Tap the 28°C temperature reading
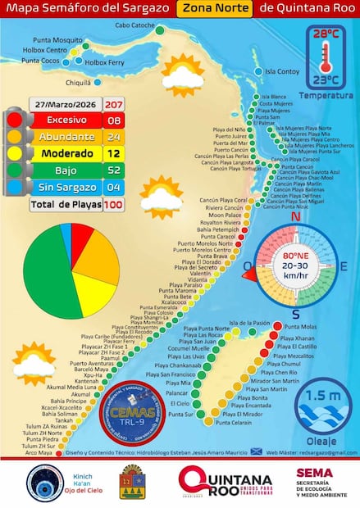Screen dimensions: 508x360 point(326,34)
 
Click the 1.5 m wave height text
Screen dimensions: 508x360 point(326,397)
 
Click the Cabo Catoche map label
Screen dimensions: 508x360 point(135,25)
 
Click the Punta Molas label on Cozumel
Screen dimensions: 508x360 point(300,327)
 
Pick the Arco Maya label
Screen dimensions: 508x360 point(39,452)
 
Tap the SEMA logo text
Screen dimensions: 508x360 point(314,472)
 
